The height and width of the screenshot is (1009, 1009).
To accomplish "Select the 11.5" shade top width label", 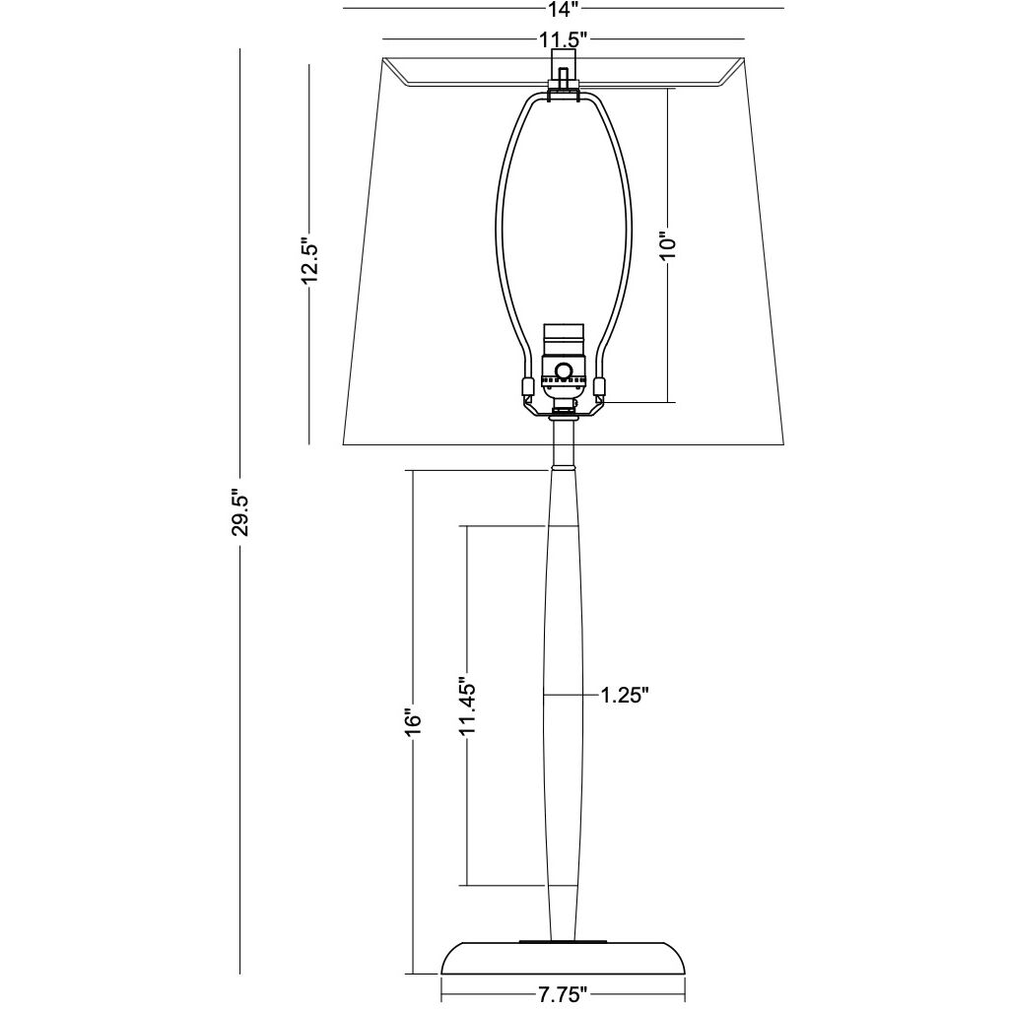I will [563, 40].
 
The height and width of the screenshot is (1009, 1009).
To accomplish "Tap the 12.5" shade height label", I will [308, 259].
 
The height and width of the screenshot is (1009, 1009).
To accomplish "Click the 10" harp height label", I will [669, 245].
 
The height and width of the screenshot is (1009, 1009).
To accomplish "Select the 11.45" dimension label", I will [467, 706].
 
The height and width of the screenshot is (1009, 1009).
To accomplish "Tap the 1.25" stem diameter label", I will [623, 696].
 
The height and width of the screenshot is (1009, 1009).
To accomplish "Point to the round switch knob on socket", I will [564, 371].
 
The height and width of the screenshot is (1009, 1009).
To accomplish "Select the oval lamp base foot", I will [563, 958].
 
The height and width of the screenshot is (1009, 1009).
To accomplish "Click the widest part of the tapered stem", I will [564, 696].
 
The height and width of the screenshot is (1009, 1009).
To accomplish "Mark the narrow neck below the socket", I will [563, 443].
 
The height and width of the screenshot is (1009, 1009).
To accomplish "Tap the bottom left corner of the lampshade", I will [344, 444].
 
